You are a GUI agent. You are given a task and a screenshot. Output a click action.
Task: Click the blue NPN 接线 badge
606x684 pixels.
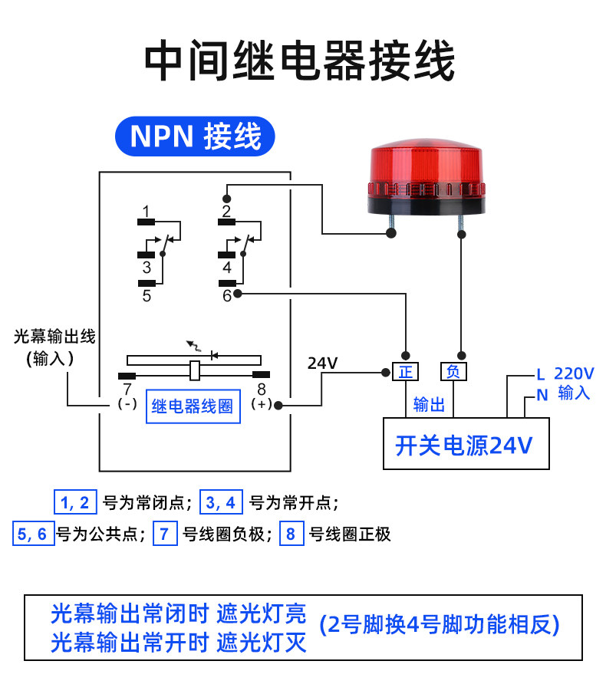[x=195, y=136]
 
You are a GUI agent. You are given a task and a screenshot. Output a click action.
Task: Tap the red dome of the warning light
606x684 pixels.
[x=427, y=163]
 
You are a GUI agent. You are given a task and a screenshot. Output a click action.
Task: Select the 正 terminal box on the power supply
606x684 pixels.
[x=405, y=372]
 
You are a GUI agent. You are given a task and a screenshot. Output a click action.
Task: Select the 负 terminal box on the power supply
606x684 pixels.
[x=453, y=372]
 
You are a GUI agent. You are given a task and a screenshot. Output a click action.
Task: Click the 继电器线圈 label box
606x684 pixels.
[x=193, y=406]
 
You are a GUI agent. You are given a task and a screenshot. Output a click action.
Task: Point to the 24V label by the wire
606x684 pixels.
[x=322, y=363]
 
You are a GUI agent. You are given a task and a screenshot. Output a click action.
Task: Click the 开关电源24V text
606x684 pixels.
[x=464, y=446]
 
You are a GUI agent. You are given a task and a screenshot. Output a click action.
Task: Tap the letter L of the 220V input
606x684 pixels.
[x=541, y=375]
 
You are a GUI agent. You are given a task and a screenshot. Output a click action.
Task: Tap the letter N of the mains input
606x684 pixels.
[x=542, y=395]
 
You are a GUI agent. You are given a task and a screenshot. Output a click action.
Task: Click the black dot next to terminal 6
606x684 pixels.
[x=237, y=294]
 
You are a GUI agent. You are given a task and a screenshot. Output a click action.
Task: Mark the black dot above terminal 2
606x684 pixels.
[x=227, y=199]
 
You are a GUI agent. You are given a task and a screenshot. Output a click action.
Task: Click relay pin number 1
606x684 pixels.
[x=147, y=212]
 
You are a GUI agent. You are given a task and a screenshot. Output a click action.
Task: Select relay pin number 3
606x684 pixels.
[x=147, y=268]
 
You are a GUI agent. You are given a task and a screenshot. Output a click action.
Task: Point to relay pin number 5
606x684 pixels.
[x=147, y=296]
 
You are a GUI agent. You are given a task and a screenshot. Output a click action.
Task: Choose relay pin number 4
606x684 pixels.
[x=227, y=268]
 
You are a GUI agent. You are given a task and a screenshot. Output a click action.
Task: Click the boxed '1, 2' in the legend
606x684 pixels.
[x=75, y=502]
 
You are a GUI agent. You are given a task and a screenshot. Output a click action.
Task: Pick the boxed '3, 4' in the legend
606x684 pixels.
[x=221, y=502]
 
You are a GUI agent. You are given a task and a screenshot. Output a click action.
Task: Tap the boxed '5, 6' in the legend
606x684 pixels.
[x=33, y=533]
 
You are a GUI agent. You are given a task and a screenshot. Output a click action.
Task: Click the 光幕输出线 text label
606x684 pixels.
[x=54, y=337]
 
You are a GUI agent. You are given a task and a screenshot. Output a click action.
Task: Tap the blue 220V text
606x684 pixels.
[x=574, y=374]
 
